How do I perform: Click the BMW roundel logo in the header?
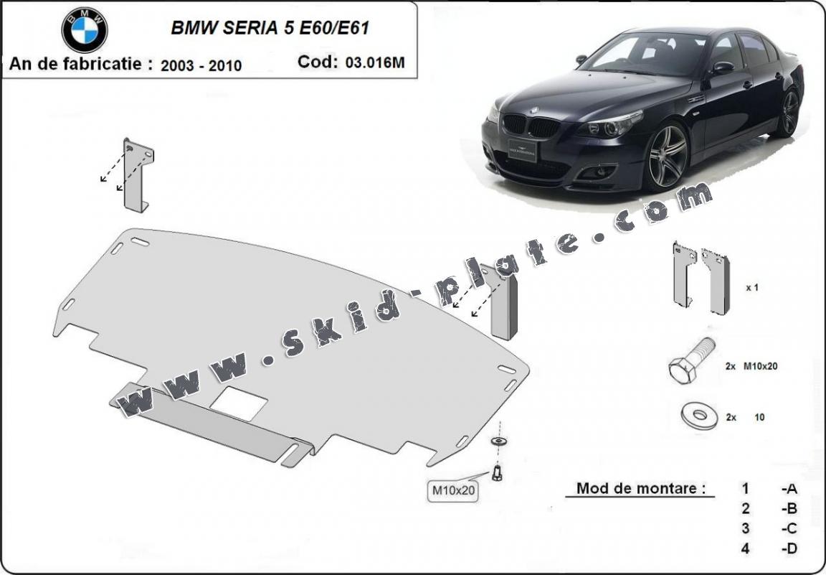(85, 29)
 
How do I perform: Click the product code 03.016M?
(375, 62)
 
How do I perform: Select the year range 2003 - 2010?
(201, 65)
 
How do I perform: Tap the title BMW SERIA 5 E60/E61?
(270, 27)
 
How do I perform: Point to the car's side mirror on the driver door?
(723, 67)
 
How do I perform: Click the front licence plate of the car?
(522, 150)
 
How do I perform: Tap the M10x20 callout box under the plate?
(453, 490)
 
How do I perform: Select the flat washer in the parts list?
(699, 416)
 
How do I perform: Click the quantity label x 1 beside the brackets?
(751, 288)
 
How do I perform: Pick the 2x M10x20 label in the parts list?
(751, 366)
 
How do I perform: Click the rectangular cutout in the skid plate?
(239, 403)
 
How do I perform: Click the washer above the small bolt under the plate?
(497, 441)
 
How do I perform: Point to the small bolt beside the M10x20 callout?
(497, 472)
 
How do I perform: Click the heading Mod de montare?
(640, 488)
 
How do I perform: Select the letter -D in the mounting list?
(789, 548)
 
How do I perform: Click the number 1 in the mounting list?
(745, 488)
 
